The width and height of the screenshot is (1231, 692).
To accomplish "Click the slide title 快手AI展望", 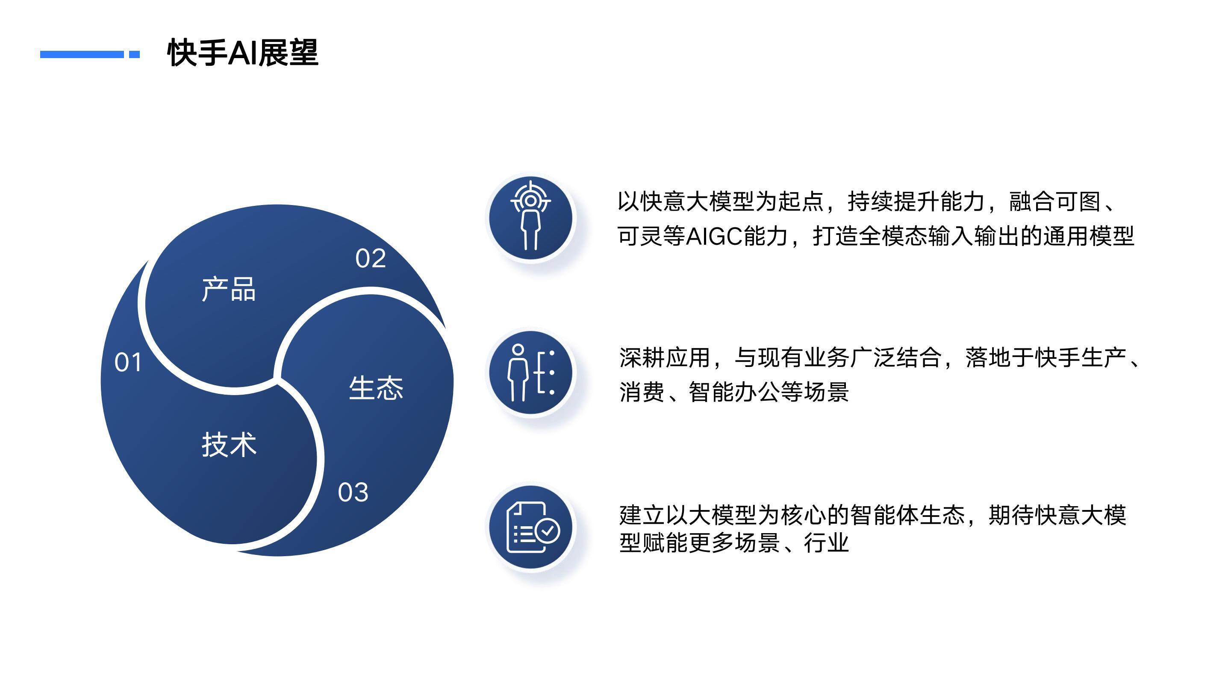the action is (243, 53).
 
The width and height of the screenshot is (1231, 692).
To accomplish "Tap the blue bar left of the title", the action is (82, 54).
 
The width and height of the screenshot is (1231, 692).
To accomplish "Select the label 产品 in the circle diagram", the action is (229, 290).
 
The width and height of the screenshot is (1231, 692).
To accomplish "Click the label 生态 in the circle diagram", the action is (376, 388).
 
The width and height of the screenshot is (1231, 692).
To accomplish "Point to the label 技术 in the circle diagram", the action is (229, 445).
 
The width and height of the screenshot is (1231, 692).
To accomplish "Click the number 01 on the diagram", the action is (128, 362).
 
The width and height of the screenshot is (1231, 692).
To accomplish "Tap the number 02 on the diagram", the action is (370, 258).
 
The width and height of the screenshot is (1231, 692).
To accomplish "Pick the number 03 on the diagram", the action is (353, 493).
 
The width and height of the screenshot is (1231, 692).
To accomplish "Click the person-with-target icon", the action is (531, 215).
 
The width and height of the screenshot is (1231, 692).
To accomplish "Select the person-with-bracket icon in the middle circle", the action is (531, 372).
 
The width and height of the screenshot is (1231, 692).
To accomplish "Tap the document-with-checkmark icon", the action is (532, 527).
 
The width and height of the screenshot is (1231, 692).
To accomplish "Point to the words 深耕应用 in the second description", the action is (665, 358).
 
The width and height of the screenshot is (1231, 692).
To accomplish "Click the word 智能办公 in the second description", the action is (734, 392).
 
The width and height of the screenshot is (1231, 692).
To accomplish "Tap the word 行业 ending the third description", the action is (827, 543).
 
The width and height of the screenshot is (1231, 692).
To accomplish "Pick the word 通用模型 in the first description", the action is (1089, 236).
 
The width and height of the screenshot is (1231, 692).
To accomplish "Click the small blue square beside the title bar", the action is (134, 54).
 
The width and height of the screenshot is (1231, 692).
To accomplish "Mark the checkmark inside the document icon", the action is (547, 530).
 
